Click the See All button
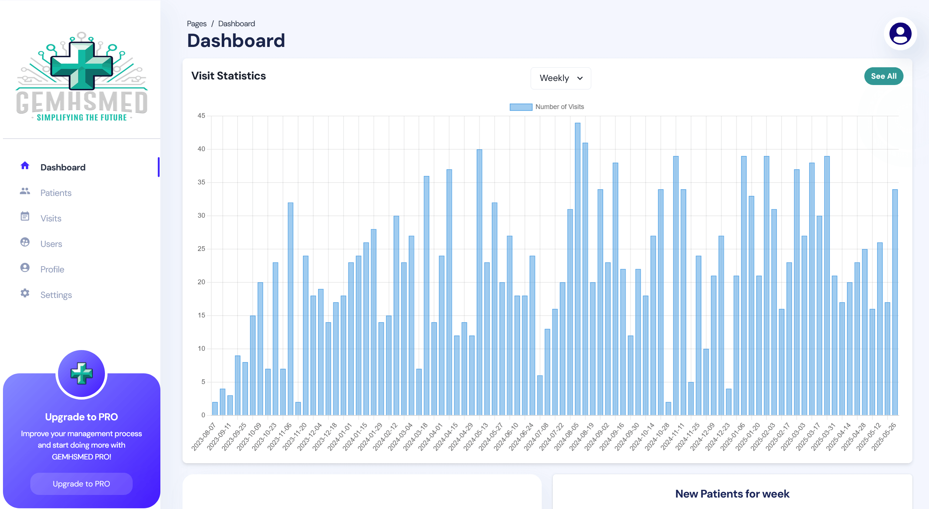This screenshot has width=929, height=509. (x=883, y=76)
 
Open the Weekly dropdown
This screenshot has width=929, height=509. (x=560, y=78)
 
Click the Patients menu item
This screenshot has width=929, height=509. (x=56, y=193)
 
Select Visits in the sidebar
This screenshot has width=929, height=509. (x=51, y=218)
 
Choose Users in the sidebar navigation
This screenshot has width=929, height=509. (x=51, y=244)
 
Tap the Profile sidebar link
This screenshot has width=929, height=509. (x=52, y=269)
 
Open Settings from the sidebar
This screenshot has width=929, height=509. (x=56, y=295)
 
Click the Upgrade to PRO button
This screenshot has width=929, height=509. (x=81, y=484)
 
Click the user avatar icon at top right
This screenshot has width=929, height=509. (x=900, y=34)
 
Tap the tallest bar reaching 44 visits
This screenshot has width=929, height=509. (x=578, y=269)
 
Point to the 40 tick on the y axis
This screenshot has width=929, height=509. (x=201, y=149)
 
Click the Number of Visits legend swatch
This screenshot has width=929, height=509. (x=521, y=107)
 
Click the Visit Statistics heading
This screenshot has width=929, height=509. (x=228, y=76)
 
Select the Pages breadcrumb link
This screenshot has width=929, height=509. (x=197, y=24)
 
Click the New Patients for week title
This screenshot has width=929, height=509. (x=732, y=494)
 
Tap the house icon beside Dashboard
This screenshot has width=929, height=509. (x=25, y=166)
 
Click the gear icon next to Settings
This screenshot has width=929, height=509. (x=25, y=293)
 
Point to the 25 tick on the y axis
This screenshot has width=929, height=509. (x=201, y=249)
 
